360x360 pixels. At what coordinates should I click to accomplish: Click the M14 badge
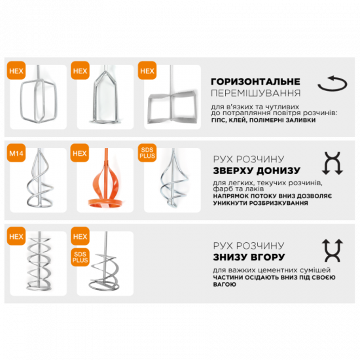click(x=16, y=153)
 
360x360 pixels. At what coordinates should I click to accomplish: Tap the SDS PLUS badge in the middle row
click(x=147, y=153)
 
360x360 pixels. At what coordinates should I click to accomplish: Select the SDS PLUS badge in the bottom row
click(x=80, y=257)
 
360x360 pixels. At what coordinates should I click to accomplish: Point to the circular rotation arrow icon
click(x=333, y=84)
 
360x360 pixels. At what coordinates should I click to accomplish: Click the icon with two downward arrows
click(x=333, y=163)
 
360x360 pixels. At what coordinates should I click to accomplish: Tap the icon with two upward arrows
click(x=333, y=251)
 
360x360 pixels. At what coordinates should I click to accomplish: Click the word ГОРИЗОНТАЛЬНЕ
click(x=255, y=82)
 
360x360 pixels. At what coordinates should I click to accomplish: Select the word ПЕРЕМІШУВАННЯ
click(x=255, y=93)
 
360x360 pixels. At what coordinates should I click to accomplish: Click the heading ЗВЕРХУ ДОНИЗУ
click(x=257, y=171)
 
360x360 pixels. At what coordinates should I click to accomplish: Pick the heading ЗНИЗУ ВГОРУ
click(x=249, y=257)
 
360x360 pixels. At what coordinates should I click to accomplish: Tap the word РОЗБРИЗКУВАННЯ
click(x=278, y=203)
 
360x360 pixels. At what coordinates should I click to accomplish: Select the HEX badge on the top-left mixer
click(x=16, y=71)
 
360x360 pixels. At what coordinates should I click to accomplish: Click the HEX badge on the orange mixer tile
click(x=80, y=153)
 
